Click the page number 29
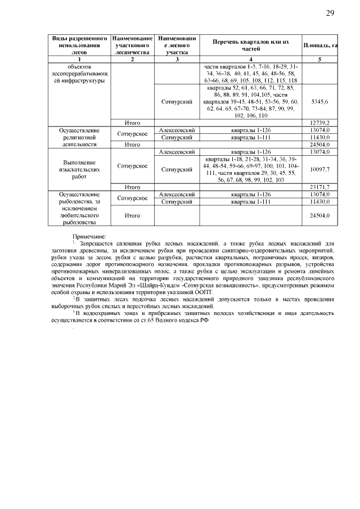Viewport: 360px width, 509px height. pyautogui.click(x=330, y=13)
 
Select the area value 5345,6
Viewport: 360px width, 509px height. pyautogui.click(x=319, y=102)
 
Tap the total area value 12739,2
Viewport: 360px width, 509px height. pyautogui.click(x=319, y=122)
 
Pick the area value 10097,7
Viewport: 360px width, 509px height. pyautogui.click(x=319, y=168)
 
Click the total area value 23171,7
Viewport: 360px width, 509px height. pyautogui.click(x=319, y=187)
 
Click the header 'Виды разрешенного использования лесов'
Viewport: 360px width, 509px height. pyautogui.click(x=79, y=44)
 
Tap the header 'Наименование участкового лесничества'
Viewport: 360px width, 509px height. pyautogui.click(x=132, y=44)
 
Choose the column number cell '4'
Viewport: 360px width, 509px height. pyautogui.click(x=251, y=59)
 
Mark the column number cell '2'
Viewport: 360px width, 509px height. pyautogui.click(x=132, y=59)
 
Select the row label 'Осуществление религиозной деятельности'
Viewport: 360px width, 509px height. pyautogui.click(x=79, y=136)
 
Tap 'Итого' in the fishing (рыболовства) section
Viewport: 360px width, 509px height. pyautogui.click(x=132, y=215)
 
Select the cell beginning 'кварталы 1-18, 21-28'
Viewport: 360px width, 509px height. pyautogui.click(x=251, y=168)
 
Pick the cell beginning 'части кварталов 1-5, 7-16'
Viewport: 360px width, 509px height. pyautogui.click(x=251, y=73)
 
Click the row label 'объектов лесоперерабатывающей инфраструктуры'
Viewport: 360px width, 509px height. pyautogui.click(x=79, y=73)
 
